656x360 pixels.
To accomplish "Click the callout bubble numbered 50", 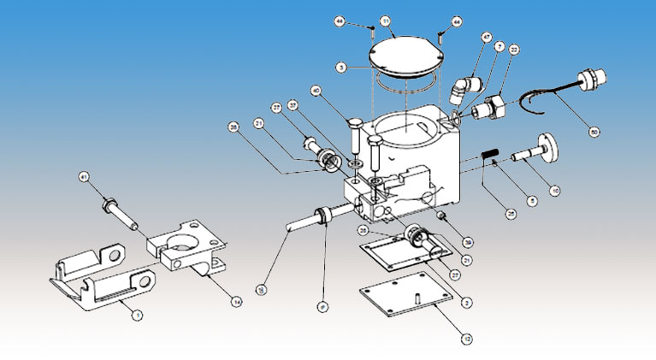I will (594, 133).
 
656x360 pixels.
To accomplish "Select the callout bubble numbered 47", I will (487, 38).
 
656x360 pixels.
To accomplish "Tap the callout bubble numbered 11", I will (386, 21).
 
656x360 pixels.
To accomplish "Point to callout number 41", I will (83, 178).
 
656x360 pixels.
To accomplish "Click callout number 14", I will (237, 301).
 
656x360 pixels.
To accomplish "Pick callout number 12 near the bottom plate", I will (465, 339).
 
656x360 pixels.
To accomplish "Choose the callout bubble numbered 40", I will (316, 90).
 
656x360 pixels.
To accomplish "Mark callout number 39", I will (467, 242).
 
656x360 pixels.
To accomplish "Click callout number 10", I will (555, 190).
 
